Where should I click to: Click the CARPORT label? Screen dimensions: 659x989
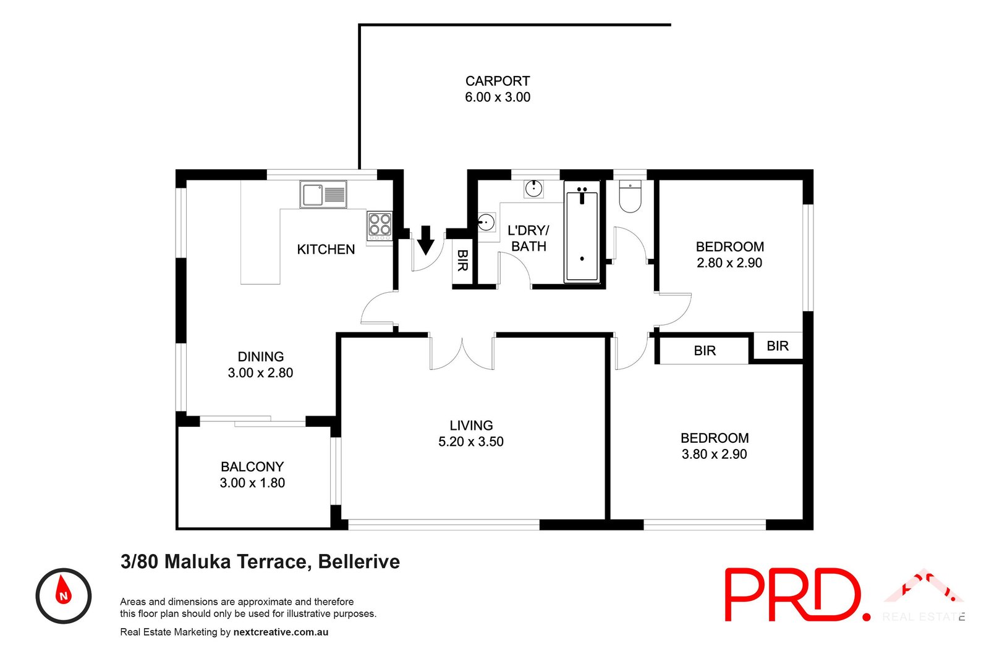(x=497, y=81)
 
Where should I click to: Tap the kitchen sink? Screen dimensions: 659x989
(x=323, y=195)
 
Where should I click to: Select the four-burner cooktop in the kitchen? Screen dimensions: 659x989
(x=379, y=225)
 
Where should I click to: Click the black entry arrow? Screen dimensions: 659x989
(x=425, y=240)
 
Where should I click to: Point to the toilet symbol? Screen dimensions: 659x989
(x=630, y=196)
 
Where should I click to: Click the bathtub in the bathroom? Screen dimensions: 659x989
(x=582, y=232)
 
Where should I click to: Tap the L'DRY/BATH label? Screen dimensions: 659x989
(x=528, y=238)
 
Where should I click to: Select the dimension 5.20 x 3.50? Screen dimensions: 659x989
(x=470, y=442)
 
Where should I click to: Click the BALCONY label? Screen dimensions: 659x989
(x=252, y=467)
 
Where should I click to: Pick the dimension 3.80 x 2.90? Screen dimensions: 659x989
(x=714, y=454)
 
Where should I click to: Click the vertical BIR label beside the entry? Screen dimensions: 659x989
(x=462, y=260)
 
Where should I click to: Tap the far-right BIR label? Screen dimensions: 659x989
(x=777, y=346)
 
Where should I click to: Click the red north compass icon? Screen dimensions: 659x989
(x=63, y=595)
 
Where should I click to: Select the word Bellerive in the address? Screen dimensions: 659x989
(x=359, y=561)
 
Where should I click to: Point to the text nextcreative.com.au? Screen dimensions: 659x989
(x=281, y=632)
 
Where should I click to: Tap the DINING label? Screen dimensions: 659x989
(x=260, y=357)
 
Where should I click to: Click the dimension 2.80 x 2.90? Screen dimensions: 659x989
(x=729, y=262)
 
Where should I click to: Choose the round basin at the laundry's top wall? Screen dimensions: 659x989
(x=533, y=188)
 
